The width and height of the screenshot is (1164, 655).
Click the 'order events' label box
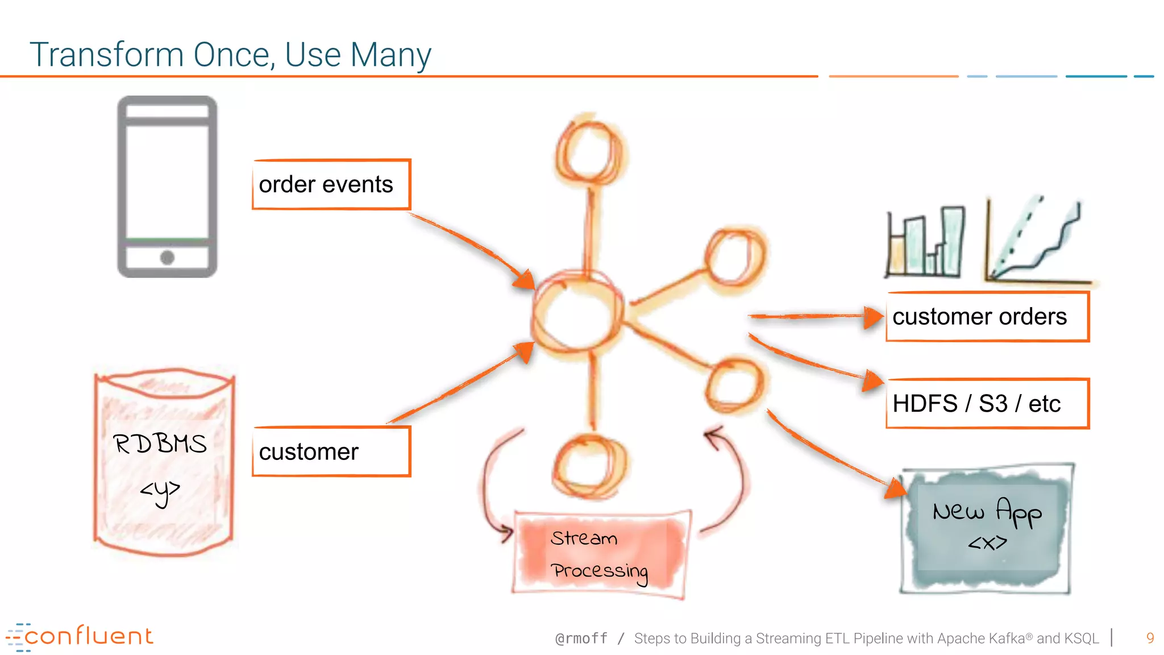(331, 185)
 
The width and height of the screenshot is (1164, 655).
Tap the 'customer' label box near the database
(331, 451)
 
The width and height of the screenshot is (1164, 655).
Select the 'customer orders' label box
(987, 317)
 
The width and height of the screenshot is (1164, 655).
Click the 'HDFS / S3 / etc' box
(987, 404)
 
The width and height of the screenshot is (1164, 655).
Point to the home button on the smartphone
(167, 258)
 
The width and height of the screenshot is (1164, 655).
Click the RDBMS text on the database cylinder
(160, 444)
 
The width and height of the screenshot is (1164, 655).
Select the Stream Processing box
(601, 554)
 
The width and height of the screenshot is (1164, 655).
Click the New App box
(987, 527)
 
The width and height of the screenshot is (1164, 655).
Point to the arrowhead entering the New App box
(896, 488)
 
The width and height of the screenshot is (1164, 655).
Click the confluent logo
(80, 637)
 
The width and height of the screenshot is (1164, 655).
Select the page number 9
(1150, 638)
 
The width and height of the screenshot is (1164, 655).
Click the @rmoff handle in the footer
(581, 639)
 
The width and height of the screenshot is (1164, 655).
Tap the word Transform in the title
(107, 55)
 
